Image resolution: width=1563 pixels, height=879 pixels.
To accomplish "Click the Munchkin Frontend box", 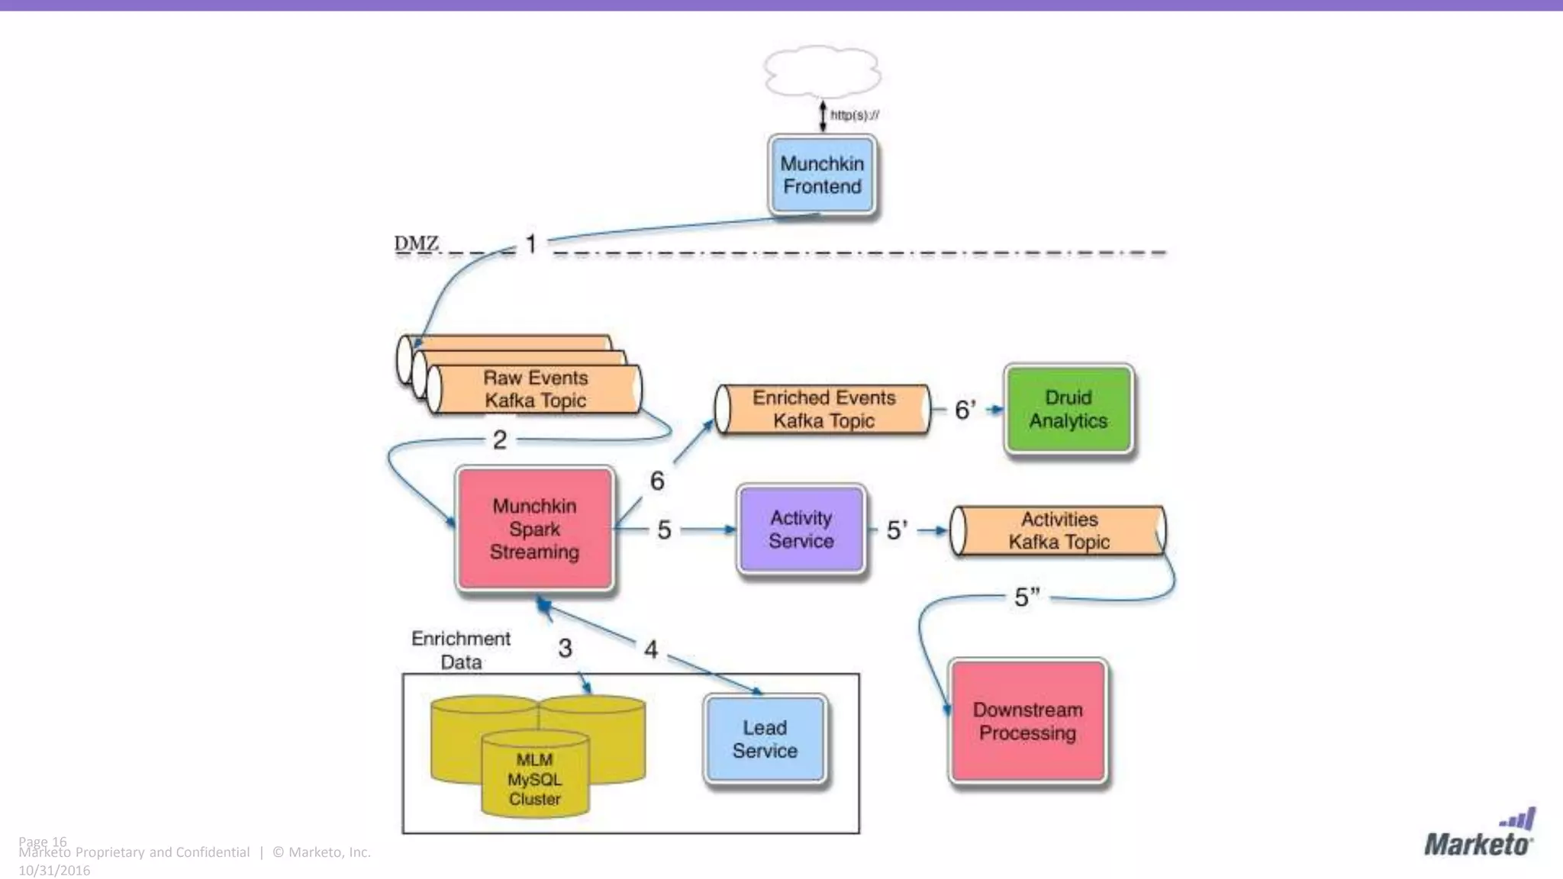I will coord(822,175).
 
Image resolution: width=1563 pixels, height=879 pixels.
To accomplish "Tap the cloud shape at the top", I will coord(822,72).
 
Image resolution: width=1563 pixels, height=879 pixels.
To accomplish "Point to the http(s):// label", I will coord(854,115).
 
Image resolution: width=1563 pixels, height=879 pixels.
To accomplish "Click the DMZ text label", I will coord(416,243).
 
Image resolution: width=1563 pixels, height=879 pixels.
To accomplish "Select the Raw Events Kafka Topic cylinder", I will coord(534,389).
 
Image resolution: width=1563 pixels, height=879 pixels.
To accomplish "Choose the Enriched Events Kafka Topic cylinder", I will coord(823,409).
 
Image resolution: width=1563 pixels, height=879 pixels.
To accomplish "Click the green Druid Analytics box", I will coord(1068,409).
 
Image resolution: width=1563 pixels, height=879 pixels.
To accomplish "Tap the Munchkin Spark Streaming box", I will coord(534,529).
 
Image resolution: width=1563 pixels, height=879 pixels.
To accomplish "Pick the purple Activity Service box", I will coord(801,529).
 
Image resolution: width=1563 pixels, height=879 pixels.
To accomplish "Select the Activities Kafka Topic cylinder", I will coord(1059,530).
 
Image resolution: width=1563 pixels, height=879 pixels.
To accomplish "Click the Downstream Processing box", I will coord(1027,721).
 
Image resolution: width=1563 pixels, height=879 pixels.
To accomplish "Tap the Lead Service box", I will coord(765,739).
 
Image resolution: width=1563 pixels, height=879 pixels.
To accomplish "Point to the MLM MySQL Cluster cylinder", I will coord(534,778).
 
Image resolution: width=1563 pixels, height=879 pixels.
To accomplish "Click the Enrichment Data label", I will coord(460,649).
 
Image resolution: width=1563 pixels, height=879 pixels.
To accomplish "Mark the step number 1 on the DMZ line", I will coord(531,244).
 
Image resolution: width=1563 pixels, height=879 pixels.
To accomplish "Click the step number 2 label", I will coord(499,439).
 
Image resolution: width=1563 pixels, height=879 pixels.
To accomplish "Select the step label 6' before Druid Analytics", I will coord(965,410).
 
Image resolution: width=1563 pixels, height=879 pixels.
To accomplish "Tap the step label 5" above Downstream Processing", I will coord(1026,597).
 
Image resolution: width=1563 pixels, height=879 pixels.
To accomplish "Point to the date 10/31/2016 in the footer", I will coord(54,871).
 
